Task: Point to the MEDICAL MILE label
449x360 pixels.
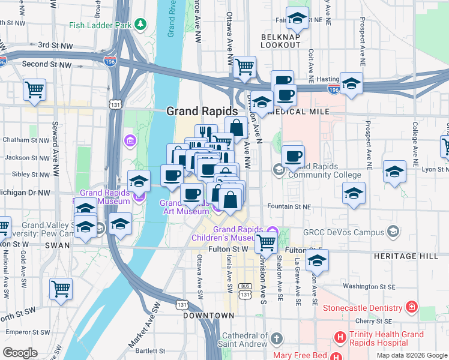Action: [307, 112]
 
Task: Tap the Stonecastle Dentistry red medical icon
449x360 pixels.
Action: [412, 308]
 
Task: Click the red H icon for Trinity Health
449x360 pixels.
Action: [340, 337]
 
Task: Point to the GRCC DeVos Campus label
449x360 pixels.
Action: [350, 232]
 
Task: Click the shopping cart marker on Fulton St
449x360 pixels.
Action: [265, 242]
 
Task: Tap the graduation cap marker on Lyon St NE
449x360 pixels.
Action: [394, 172]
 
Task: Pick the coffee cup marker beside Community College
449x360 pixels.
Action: [293, 157]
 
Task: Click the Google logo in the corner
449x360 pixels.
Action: [20, 353]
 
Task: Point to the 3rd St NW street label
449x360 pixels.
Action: [55, 45]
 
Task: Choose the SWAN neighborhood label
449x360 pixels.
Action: [58, 245]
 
